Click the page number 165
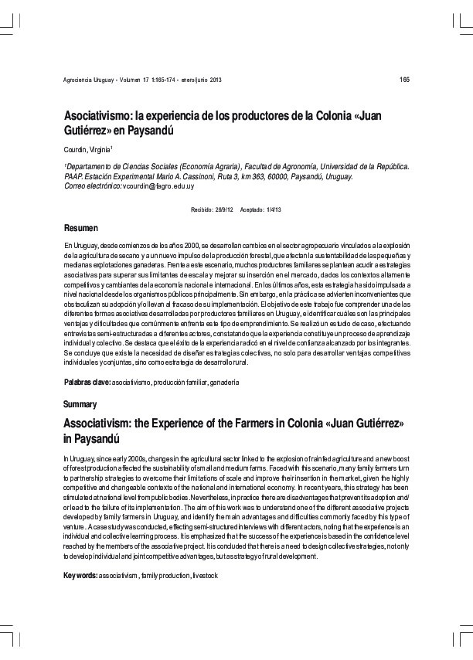(x=404, y=80)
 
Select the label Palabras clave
(x=87, y=383)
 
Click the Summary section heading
(x=80, y=404)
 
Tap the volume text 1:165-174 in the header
(x=163, y=81)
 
